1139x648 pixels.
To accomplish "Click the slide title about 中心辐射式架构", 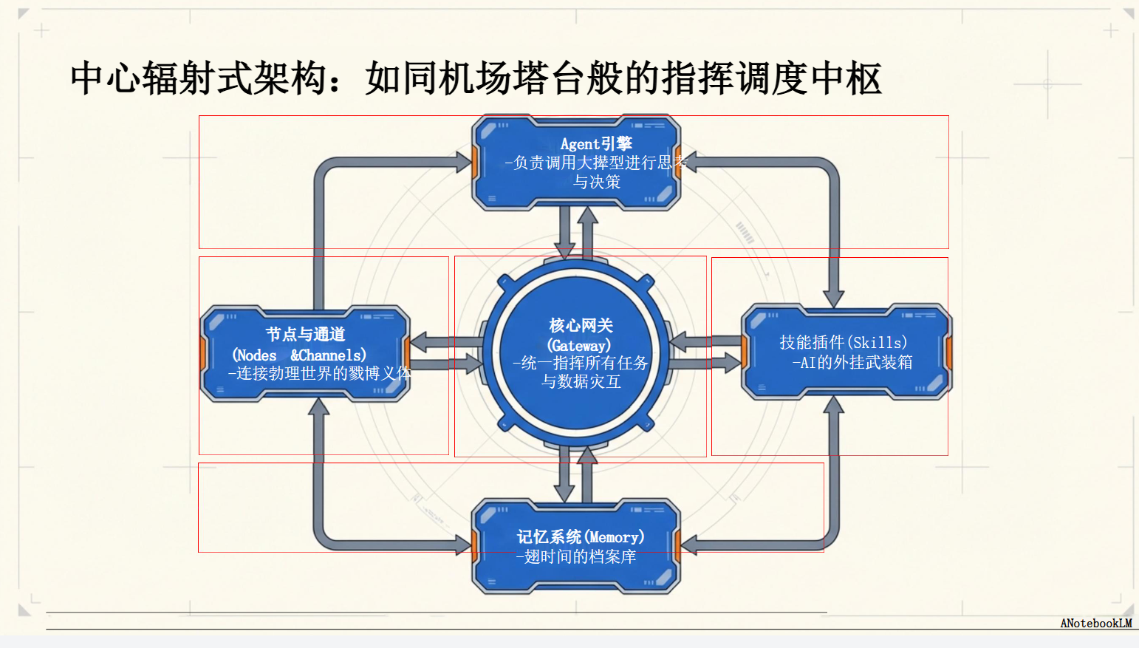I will click(x=476, y=78).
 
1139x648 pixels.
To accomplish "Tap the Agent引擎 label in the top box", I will click(x=596, y=143).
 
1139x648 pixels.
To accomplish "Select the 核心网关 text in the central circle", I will click(x=581, y=325).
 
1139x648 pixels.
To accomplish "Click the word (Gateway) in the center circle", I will click(x=579, y=345).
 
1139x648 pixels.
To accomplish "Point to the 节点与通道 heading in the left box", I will click(x=305, y=334).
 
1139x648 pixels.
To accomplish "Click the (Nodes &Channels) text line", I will click(x=299, y=355).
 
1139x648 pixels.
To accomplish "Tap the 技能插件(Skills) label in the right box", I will click(x=843, y=342).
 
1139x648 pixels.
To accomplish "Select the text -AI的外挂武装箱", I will click(x=852, y=362).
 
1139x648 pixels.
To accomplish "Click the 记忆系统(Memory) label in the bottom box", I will click(x=580, y=537).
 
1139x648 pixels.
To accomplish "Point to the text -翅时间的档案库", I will click(x=576, y=556).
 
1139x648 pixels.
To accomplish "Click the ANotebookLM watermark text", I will click(x=1095, y=623).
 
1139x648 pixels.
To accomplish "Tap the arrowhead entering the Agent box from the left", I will click(x=462, y=162).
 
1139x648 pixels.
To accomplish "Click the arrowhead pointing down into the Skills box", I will click(x=834, y=298).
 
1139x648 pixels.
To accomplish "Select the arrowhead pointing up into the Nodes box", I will click(x=318, y=407).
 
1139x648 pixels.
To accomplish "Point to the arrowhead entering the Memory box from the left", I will click(x=462, y=546).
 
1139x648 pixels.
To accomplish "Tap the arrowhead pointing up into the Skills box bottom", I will click(x=834, y=405).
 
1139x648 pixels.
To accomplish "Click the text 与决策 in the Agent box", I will click(x=597, y=182).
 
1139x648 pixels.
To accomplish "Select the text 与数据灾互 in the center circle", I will click(x=581, y=381).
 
